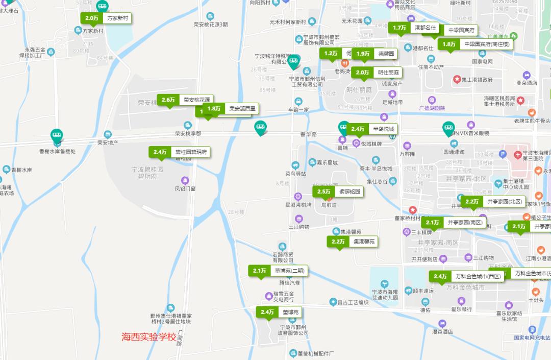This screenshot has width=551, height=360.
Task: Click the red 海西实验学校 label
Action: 148,337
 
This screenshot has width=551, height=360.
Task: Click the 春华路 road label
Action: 308,134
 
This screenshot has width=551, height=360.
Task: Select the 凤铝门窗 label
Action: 185,188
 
